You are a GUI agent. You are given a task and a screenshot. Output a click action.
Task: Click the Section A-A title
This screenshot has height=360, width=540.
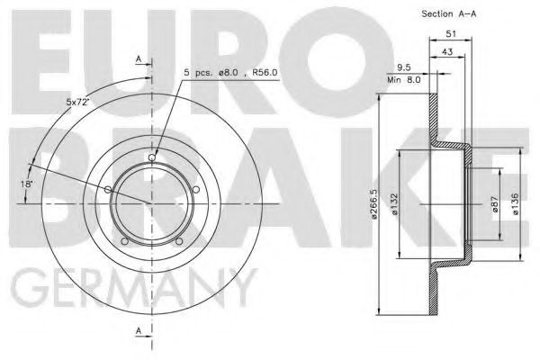pyautogui.click(x=449, y=13)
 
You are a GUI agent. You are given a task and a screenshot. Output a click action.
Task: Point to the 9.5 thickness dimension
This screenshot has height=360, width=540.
pyautogui.click(x=405, y=67)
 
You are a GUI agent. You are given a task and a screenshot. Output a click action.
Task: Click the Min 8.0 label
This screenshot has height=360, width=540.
pyautogui.click(x=403, y=79)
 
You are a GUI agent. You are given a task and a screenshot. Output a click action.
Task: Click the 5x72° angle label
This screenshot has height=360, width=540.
pyautogui.click(x=79, y=101)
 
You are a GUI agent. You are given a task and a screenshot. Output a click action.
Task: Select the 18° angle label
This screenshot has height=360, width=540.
pyautogui.click(x=28, y=184)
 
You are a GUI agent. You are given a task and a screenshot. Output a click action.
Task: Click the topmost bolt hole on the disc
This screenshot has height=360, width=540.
pyautogui.click(x=152, y=158)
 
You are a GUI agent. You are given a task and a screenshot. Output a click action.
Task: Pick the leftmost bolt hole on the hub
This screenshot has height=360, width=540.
pyautogui.click(x=109, y=189)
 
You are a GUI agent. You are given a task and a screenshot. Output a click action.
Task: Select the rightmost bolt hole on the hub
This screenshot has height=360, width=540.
pyautogui.click(x=195, y=189)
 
